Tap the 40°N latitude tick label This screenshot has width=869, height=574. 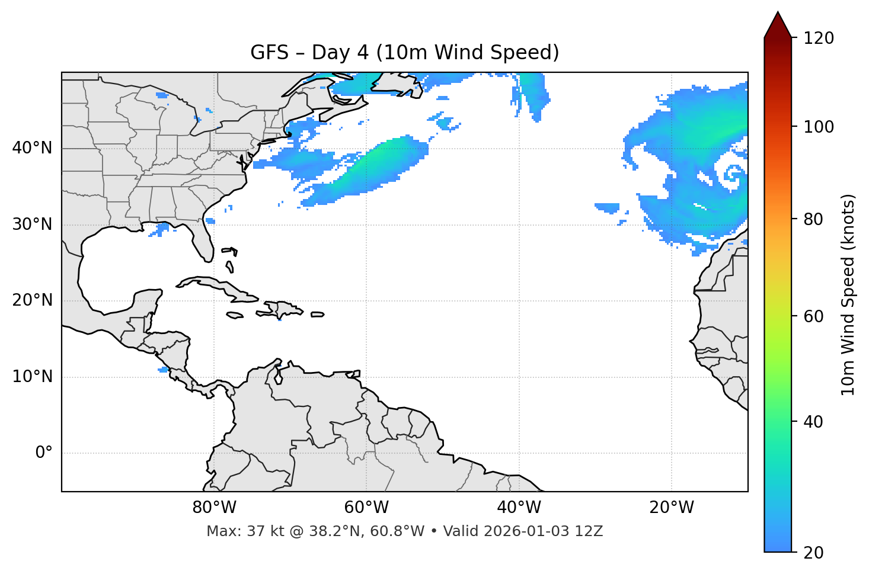tap(32, 148)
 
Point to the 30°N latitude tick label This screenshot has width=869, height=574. tap(32, 225)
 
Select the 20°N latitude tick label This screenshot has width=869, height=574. tap(32, 300)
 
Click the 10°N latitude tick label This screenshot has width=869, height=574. tap(32, 377)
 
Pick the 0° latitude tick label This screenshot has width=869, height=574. tap(44, 453)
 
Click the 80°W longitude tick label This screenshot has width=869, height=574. tap(214, 508)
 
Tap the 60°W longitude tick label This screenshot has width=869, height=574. tap(366, 508)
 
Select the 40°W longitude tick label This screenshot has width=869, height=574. tap(519, 508)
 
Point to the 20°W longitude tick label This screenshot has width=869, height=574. tap(671, 508)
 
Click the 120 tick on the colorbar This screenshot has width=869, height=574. tap(819, 38)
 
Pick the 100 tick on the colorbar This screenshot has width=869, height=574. tap(819, 127)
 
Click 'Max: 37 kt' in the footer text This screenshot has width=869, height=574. tap(234, 531)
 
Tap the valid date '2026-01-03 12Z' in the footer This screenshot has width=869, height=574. tap(543, 531)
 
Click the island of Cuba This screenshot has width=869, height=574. tap(213, 284)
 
